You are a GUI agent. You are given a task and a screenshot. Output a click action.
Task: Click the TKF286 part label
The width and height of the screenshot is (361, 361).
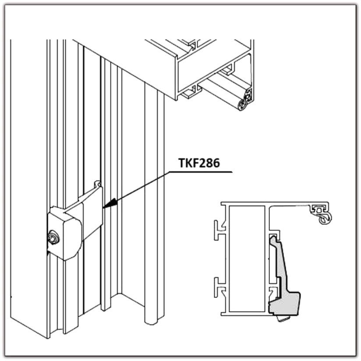[199, 163]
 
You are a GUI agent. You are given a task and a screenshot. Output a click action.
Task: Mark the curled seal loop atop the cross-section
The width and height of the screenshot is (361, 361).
[324, 219]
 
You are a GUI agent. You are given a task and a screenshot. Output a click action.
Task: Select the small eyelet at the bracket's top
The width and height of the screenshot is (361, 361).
[98, 184]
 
